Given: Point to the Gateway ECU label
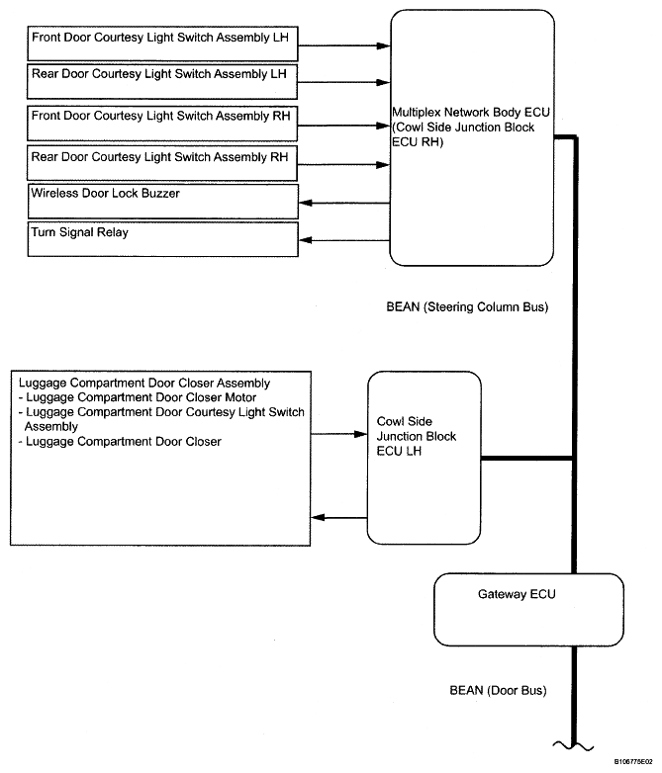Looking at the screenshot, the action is point(517,594).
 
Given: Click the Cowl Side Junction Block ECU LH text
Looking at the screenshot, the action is point(417,436).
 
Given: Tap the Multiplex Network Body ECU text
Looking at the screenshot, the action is point(471,113).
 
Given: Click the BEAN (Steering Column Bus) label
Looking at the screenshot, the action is point(467,307).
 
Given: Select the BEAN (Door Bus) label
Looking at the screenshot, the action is point(498,690).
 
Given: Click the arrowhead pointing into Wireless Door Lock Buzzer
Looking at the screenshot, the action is point(306,203).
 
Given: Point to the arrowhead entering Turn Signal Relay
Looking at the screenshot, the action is point(306,240).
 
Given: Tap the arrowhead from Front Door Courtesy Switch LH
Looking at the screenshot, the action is point(384,45).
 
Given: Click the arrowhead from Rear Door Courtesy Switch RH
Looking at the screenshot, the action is point(383,165).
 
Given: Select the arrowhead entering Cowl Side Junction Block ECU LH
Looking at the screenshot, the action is point(361,434).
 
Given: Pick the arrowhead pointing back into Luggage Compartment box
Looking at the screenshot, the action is point(318,517).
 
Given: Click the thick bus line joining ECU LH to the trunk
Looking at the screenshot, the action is point(526,459).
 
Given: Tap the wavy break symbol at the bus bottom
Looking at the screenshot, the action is point(573,746).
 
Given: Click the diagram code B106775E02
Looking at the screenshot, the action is point(633,762).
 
